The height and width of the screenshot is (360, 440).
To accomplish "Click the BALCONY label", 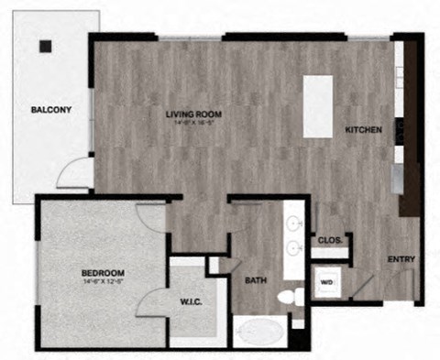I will [x=51, y=110].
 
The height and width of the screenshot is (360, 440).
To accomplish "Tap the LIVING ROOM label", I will [x=193, y=115].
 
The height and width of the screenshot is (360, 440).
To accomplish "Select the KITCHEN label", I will [x=363, y=130].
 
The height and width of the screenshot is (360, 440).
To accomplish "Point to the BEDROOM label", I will [x=103, y=273].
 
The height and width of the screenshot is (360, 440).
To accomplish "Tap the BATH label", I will [x=256, y=280].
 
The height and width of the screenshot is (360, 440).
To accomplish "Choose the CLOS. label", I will [x=329, y=241].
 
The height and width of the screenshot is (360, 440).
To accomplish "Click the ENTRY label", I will [x=401, y=259].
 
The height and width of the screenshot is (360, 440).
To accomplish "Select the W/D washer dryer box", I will [x=326, y=282].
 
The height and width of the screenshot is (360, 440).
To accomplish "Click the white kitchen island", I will [x=318, y=106].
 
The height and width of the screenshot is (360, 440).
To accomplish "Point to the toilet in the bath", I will [x=290, y=297].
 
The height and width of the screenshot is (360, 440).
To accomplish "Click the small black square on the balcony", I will [x=46, y=46].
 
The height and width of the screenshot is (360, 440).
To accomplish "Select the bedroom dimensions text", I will [x=103, y=282].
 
